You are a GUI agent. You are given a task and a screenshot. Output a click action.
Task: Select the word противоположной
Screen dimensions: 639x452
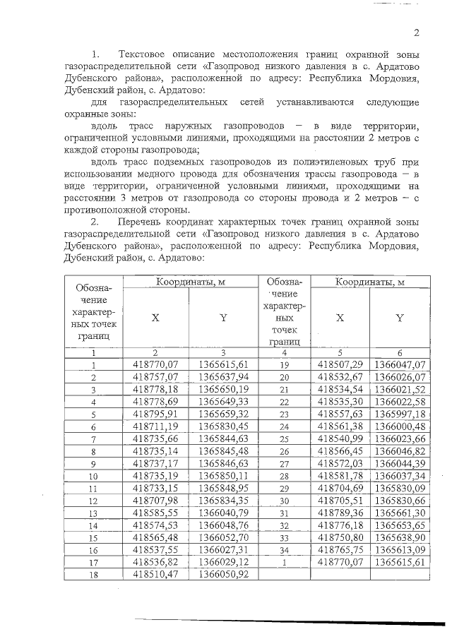pos(105,210)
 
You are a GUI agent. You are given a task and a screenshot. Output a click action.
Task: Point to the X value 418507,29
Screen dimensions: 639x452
pos(340,364)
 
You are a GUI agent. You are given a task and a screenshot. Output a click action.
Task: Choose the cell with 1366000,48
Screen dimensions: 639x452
pos(400,426)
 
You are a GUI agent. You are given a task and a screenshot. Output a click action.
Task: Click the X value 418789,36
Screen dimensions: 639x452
pos(340,512)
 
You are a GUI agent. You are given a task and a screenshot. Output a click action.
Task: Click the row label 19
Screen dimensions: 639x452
pos(285,364)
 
